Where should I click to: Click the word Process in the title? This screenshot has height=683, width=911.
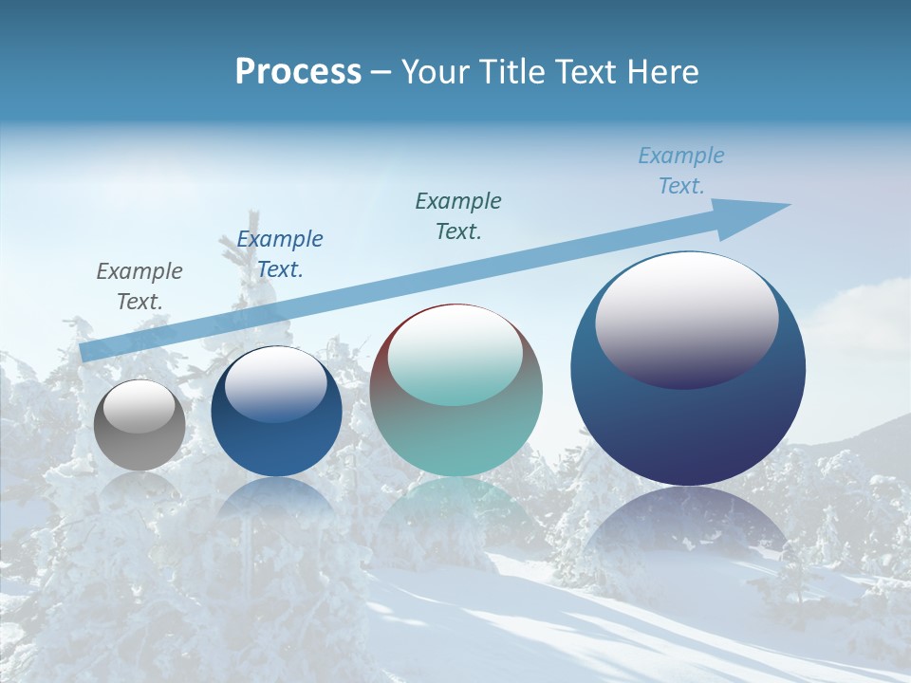[298, 71]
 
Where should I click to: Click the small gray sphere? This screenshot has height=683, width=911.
[139, 446]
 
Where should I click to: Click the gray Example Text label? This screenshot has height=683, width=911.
[139, 286]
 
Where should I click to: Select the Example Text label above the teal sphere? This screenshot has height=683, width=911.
[458, 215]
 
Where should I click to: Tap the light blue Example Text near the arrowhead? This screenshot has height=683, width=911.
[681, 171]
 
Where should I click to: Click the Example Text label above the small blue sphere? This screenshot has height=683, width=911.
[280, 253]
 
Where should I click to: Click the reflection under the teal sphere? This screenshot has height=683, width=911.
[455, 508]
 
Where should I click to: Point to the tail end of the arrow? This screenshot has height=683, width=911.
[88, 352]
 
